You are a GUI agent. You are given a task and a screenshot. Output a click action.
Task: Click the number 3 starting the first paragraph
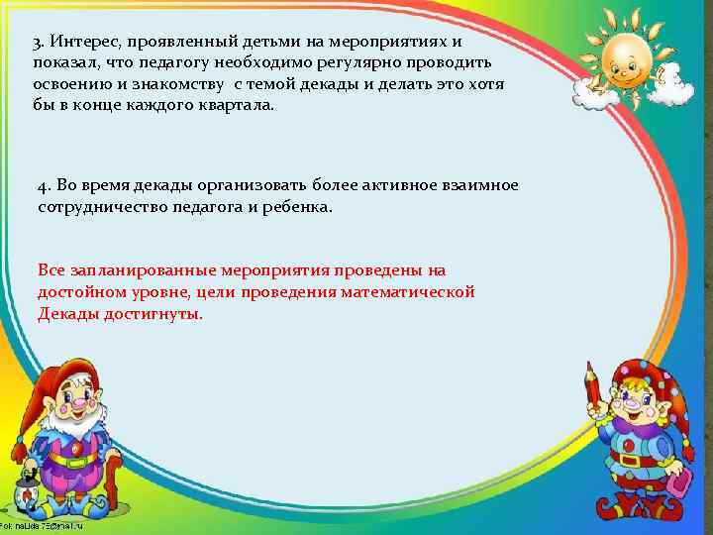pyautogui.click(x=37, y=45)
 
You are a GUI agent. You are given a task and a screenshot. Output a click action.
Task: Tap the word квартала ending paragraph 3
pyautogui.click(x=231, y=105)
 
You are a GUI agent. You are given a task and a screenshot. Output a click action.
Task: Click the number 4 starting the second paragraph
pyautogui.click(x=42, y=187)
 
